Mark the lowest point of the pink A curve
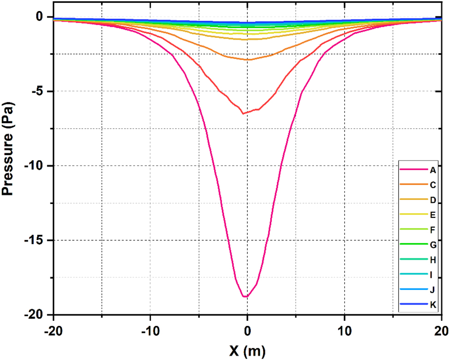click(246, 297)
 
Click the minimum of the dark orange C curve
click(243, 114)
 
